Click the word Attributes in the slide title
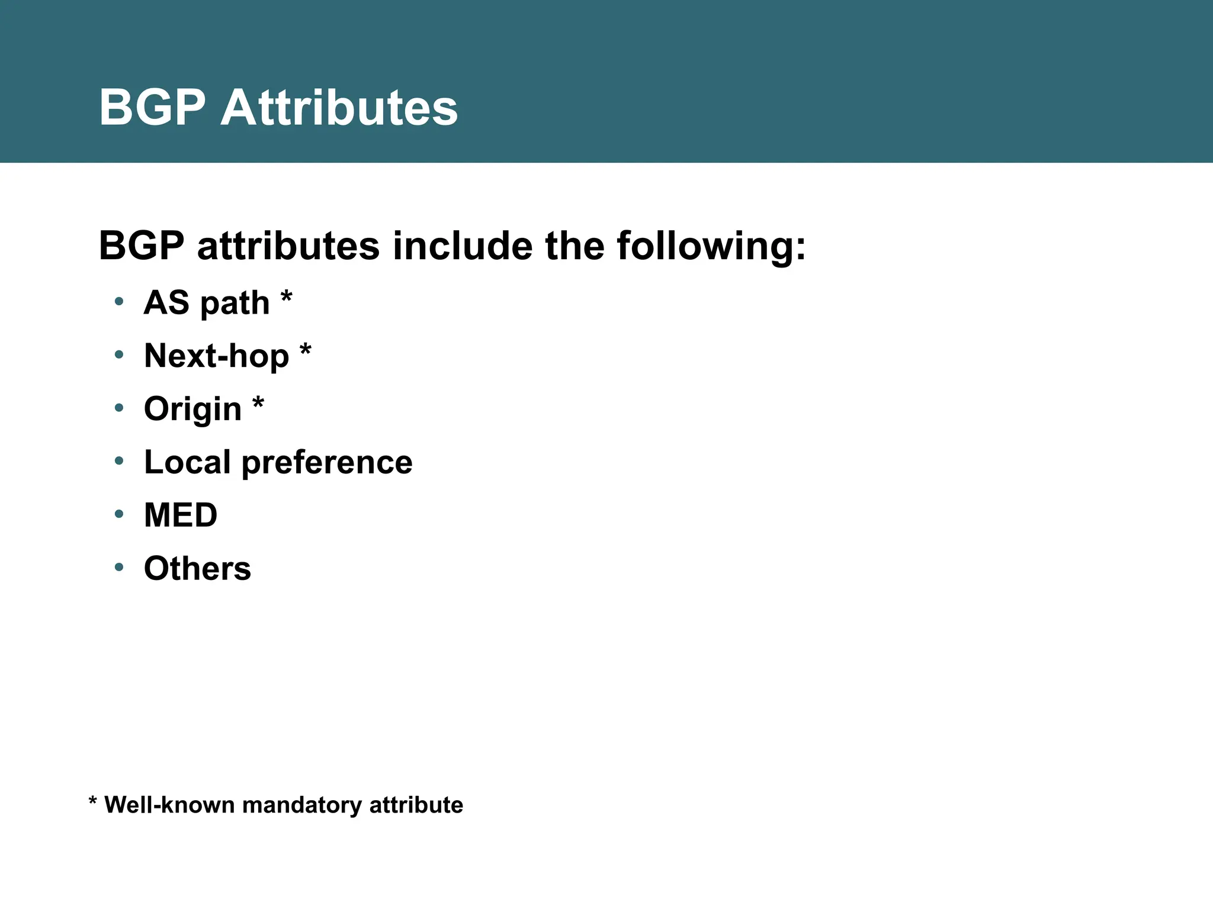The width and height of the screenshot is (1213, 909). (339, 108)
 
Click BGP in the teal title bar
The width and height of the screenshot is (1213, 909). (152, 108)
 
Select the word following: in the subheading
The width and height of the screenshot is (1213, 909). (711, 246)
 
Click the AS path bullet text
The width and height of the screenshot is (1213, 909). (207, 303)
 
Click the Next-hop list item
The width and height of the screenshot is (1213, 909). (217, 356)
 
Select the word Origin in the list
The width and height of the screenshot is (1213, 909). (192, 409)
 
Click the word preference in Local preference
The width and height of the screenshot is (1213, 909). (327, 462)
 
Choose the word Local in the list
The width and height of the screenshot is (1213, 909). (187, 462)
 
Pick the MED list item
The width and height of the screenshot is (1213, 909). (181, 515)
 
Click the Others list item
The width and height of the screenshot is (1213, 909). (197, 568)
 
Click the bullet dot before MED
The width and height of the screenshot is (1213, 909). (119, 514)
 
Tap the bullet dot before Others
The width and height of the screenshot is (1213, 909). (119, 567)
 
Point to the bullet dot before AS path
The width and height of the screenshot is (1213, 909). (119, 301)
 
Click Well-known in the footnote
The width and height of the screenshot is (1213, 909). (169, 805)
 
